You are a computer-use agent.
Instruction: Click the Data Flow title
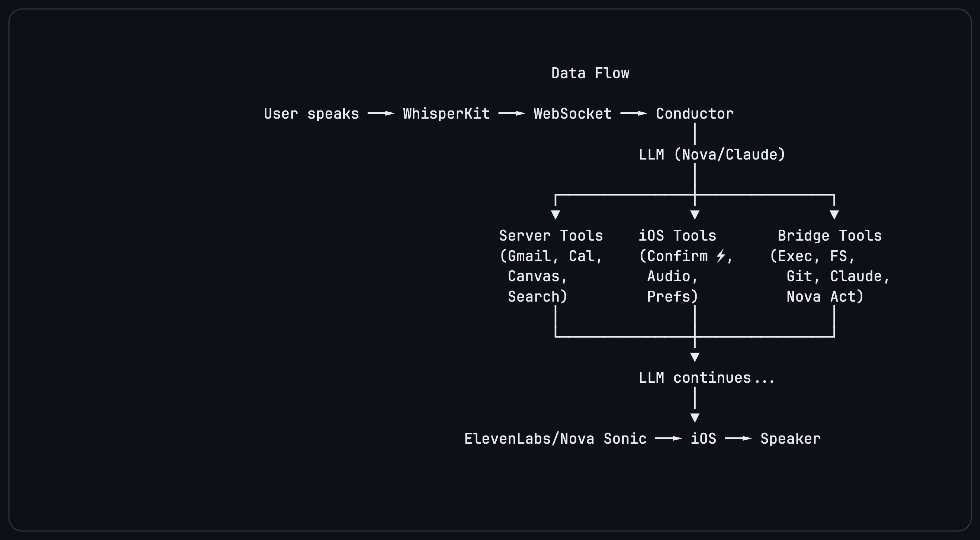coord(590,73)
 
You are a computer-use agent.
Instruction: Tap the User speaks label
coord(311,114)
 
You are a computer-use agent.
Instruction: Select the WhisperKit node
coord(446,114)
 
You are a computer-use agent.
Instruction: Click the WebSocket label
coord(573,114)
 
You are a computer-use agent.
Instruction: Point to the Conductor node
coord(695,114)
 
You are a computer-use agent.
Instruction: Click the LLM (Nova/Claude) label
coord(712,154)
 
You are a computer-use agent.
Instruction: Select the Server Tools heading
coord(551,236)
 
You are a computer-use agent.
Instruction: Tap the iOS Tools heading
coord(677,236)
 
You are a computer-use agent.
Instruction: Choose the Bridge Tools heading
coord(829,236)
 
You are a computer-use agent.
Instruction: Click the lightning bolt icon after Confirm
coord(720,256)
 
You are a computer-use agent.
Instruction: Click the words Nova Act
coord(824,296)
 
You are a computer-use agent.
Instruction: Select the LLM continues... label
coord(706,378)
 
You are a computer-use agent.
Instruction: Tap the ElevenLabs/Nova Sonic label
coord(556,439)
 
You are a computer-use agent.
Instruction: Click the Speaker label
coord(790,439)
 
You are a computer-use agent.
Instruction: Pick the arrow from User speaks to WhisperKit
coord(381,114)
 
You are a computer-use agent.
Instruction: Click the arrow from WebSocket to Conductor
coord(633,114)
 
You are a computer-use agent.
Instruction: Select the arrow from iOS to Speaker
coord(738,438)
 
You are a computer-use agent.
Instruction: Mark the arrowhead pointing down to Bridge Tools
coord(834,215)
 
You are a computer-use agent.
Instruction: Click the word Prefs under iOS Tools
coord(672,296)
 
